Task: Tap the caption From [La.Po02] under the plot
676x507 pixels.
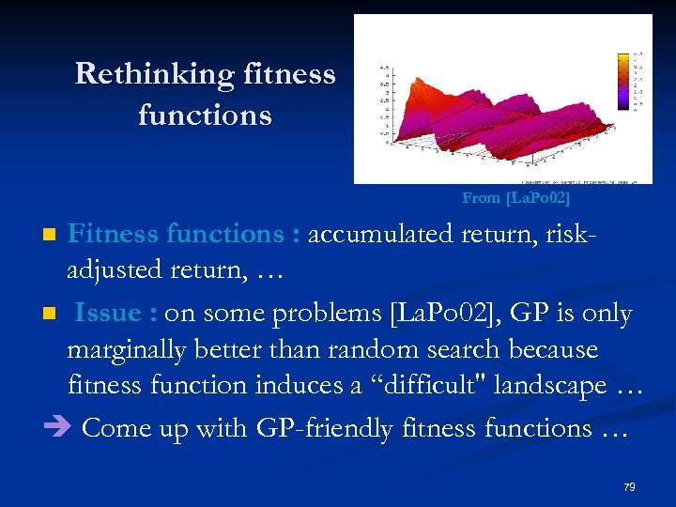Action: [515, 198]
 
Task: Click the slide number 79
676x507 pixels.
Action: [629, 486]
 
